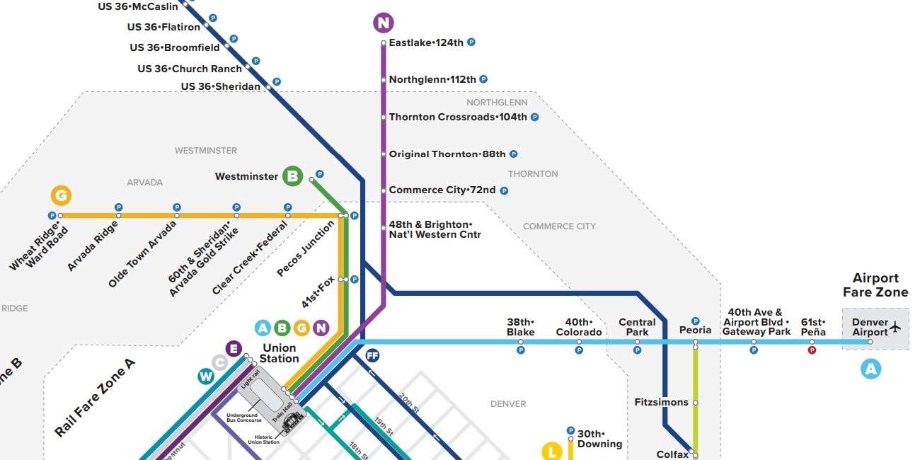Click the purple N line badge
[383, 23]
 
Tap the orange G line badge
[62, 195]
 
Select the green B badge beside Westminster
[292, 176]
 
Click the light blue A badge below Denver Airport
[870, 368]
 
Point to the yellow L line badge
[551, 450]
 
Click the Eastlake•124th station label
[426, 42]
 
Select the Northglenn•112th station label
[432, 79]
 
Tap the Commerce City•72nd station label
[442, 190]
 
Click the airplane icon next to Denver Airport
[895, 327]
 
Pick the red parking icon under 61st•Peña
[812, 350]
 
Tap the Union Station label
[279, 353]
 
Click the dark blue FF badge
[372, 355]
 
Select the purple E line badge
[234, 348]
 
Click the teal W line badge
[205, 376]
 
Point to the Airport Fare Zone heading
[875, 285]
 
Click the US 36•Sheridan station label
[220, 86]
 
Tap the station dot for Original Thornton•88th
[383, 154]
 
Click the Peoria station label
[695, 330]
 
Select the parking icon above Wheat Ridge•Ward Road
[52, 215]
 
